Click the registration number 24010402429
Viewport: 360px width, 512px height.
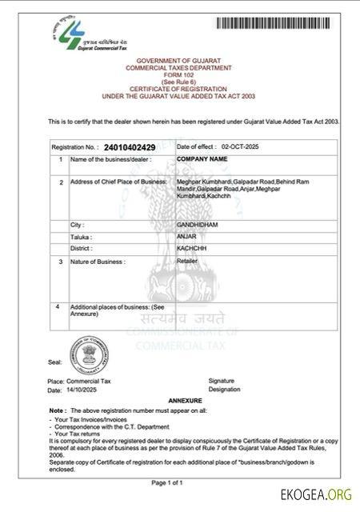pyautogui.click(x=130, y=148)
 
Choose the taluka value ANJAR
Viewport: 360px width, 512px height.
pyautogui.click(x=186, y=237)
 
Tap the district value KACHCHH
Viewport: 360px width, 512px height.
pyautogui.click(x=191, y=249)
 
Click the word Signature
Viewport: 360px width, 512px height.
pyautogui.click(x=222, y=380)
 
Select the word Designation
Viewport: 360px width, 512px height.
pyautogui.click(x=224, y=390)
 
